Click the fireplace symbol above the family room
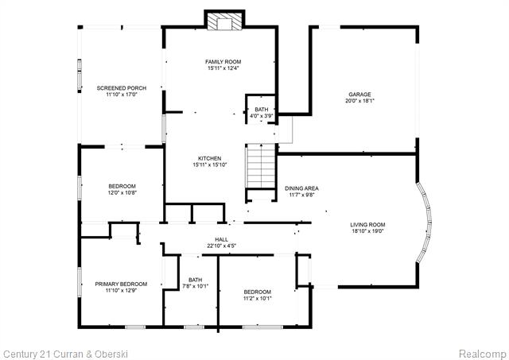tap(224, 20)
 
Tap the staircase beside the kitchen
tap(261, 166)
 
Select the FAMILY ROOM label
tap(223, 62)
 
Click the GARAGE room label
tap(359, 95)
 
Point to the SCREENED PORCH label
tap(122, 88)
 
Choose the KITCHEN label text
tap(210, 158)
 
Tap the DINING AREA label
tap(301, 188)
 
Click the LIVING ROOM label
tap(367, 224)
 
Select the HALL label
tap(221, 239)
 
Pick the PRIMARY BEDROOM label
tap(121, 285)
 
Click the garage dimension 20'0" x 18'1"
tap(359, 101)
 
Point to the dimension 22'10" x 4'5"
tap(221, 246)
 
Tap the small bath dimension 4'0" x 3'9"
tap(262, 116)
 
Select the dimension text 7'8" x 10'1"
tap(195, 286)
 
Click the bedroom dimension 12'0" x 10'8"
tap(122, 192)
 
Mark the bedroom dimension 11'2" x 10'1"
tap(258, 298)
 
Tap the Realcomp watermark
tap(483, 354)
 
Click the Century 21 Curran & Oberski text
tap(65, 354)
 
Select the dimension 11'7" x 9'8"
tap(301, 195)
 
